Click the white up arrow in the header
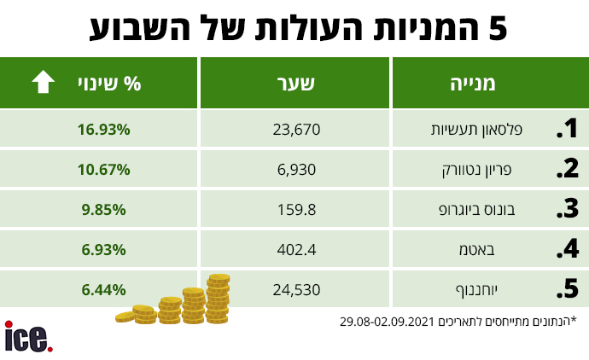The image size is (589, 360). [x=43, y=83]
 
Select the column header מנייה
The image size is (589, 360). [x=472, y=83]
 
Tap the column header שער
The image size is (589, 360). [x=295, y=83]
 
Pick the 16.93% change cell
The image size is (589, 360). [x=103, y=130]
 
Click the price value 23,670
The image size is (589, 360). [x=295, y=130]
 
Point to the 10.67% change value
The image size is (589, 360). [x=103, y=169]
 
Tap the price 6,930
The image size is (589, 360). [x=295, y=169]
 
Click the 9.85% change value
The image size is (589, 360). [x=103, y=209]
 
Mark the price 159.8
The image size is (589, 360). [x=295, y=209]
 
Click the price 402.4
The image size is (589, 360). [x=295, y=249]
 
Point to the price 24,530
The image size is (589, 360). [x=295, y=289]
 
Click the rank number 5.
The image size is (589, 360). [x=566, y=289]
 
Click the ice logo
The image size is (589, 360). [x=28, y=338]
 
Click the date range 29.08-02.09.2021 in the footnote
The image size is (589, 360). [x=388, y=322]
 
